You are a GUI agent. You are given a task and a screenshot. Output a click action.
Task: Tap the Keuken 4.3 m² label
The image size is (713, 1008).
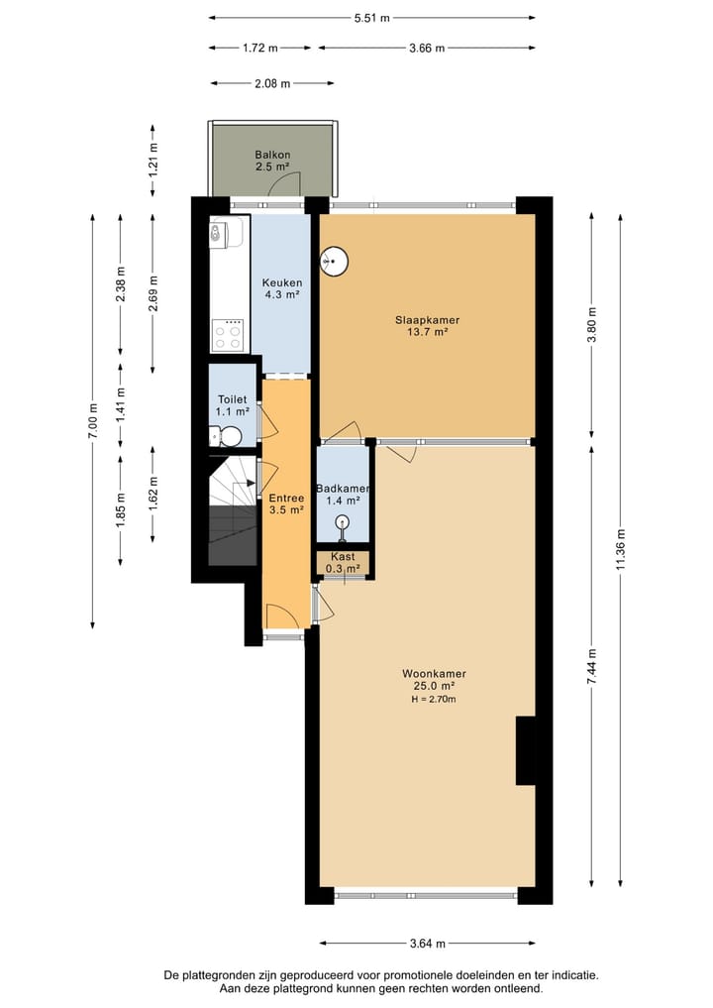281,287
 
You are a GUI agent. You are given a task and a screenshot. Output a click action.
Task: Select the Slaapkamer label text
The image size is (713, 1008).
427,325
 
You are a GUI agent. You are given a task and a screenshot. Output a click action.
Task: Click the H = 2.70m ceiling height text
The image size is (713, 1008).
434,699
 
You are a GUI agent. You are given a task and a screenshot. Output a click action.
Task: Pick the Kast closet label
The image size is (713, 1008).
343,563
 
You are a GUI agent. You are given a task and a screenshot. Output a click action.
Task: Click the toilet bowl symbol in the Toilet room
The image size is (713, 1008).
228,436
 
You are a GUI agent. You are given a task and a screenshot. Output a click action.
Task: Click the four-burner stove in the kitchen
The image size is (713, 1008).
228,335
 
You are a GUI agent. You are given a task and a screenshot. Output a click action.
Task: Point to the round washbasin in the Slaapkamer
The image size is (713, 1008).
334,261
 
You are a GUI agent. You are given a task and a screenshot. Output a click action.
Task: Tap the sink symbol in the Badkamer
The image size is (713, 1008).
343,523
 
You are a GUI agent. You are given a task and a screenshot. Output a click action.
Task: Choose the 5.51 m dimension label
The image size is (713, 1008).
372,18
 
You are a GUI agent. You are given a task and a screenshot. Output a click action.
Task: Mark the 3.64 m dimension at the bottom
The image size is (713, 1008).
427,943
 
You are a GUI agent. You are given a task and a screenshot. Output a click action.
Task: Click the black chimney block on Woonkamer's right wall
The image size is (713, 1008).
525,750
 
